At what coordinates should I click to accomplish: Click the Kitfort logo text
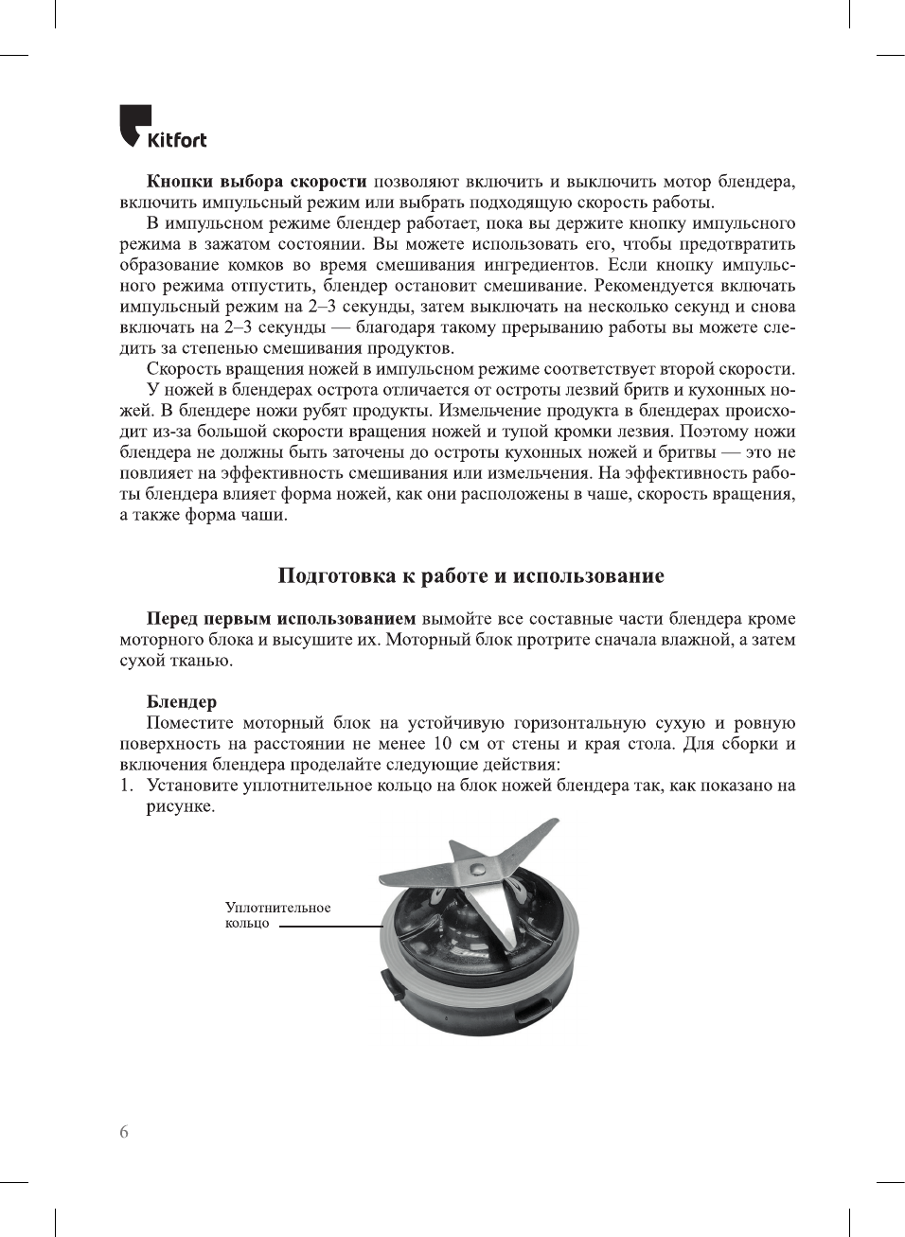tap(177, 140)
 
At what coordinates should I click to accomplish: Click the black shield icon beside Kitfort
tap(133, 125)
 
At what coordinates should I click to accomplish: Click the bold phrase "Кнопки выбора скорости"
tap(256, 182)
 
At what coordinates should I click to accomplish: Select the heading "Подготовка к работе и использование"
tap(470, 576)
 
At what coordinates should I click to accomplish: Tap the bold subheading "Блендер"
tap(181, 702)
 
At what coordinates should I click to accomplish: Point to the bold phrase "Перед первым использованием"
tap(280, 619)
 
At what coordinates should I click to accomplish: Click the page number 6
tap(124, 1133)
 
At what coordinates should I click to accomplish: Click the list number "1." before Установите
tap(126, 786)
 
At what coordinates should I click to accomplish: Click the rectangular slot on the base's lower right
tap(532, 1013)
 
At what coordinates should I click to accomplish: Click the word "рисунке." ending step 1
tap(180, 806)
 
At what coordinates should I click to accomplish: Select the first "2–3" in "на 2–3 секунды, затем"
tap(318, 307)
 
